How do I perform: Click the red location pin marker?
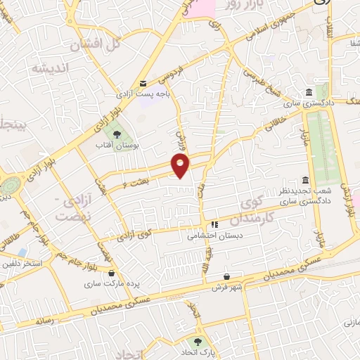click(181, 166)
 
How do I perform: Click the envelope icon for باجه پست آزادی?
click(143, 83)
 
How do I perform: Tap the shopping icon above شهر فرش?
click(226, 276)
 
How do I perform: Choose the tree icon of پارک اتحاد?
click(199, 340)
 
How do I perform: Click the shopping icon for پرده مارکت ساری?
click(112, 271)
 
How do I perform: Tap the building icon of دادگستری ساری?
click(309, 93)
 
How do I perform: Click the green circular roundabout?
click(10, 186)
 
